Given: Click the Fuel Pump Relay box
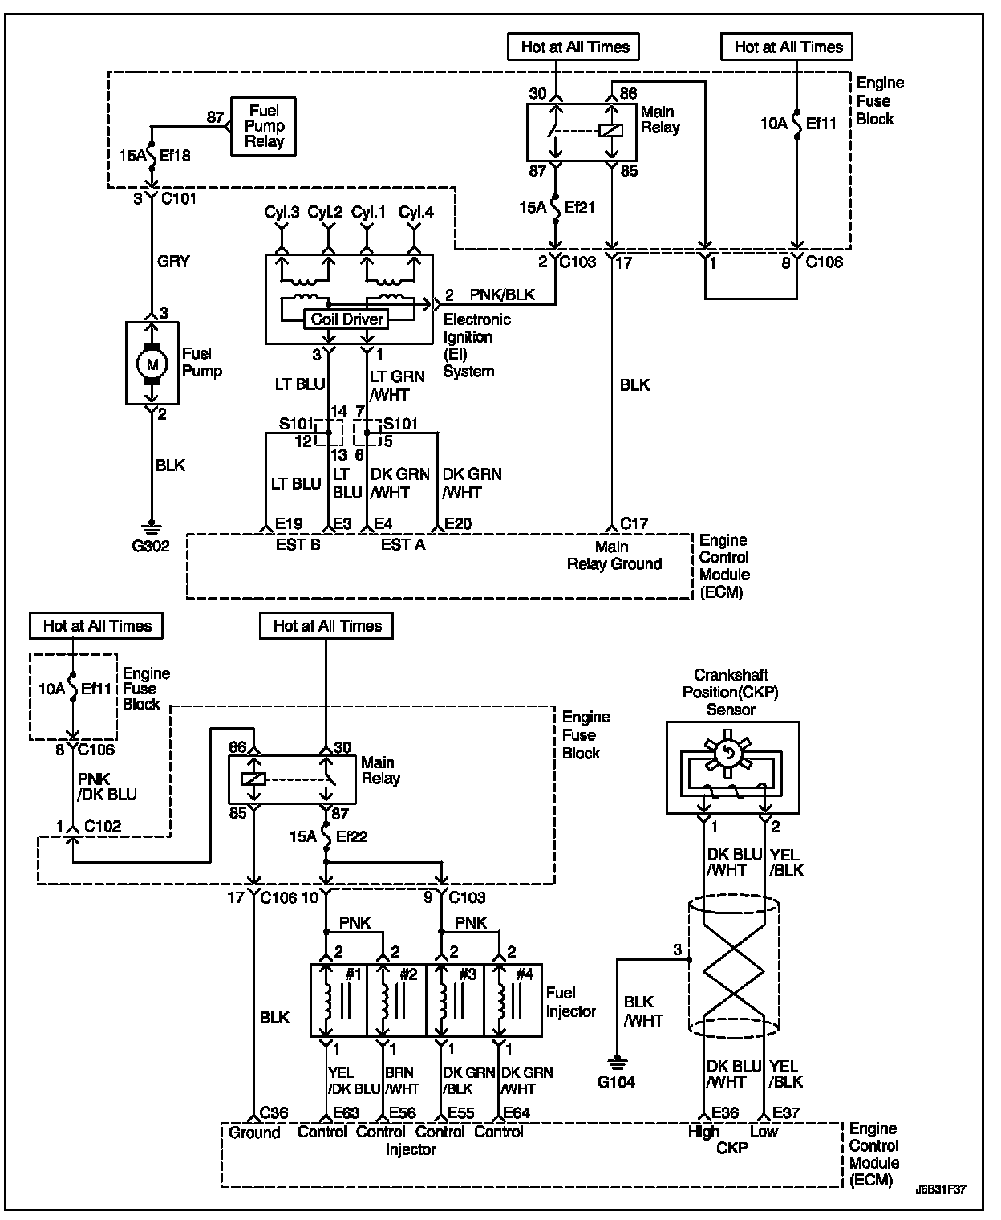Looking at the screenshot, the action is (x=264, y=126).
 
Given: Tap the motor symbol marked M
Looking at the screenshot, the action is (x=152, y=364).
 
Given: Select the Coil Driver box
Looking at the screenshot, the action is (x=346, y=319).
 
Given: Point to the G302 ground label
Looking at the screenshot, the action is (x=151, y=546).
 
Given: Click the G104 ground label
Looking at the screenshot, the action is (x=616, y=1082).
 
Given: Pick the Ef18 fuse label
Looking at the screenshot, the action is (x=175, y=156).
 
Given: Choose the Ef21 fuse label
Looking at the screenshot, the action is (x=580, y=207).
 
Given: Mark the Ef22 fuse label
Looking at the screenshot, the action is (x=352, y=836).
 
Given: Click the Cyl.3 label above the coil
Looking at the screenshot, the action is (x=282, y=213).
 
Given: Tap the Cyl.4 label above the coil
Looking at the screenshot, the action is (x=416, y=213).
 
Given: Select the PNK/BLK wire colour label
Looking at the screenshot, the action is (x=502, y=295).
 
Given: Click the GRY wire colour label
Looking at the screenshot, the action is (x=173, y=262).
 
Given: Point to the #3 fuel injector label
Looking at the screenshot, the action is (x=468, y=974).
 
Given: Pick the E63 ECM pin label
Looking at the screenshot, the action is (x=346, y=1113).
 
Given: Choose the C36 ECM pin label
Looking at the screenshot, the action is (x=274, y=1113).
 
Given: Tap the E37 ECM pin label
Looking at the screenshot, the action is (x=786, y=1113).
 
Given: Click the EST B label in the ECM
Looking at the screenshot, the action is (x=298, y=545).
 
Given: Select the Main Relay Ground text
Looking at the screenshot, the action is (x=614, y=555).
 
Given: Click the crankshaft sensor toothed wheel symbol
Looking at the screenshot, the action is (x=728, y=753).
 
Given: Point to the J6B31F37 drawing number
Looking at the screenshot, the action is (x=941, y=1189).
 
